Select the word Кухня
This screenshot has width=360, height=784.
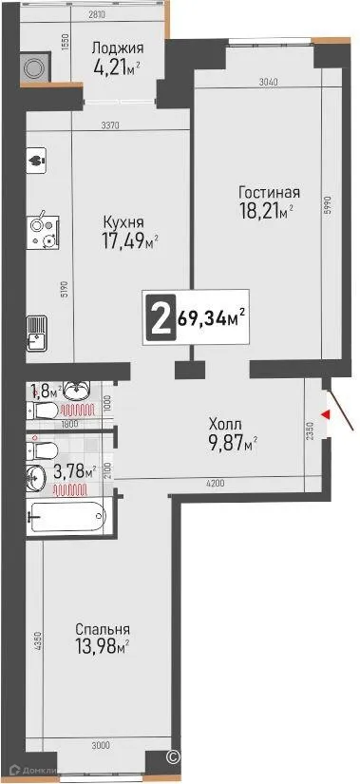(123, 223)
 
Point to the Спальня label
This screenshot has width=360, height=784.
(103, 628)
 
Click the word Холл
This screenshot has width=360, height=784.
(224, 425)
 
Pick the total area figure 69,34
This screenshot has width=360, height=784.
(206, 317)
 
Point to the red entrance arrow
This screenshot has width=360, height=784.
(326, 413)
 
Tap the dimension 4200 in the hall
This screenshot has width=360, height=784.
(218, 485)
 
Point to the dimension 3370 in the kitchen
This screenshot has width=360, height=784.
(115, 124)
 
